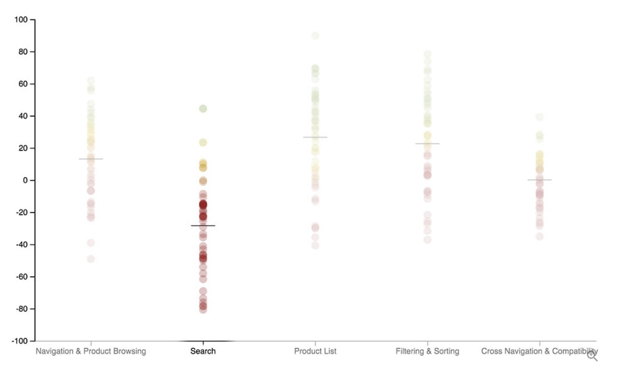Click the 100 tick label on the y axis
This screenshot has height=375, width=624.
(21, 20)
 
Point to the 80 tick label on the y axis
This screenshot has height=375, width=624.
(23, 52)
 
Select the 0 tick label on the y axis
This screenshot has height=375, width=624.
(25, 180)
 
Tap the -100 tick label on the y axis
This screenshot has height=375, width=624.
(19, 341)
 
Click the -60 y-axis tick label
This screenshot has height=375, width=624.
(21, 277)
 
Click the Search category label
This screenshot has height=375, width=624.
(203, 351)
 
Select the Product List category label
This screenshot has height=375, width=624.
(315, 351)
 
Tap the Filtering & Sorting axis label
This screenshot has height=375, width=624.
(427, 351)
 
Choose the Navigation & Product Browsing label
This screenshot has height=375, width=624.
(91, 351)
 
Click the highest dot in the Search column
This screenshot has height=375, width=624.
(203, 109)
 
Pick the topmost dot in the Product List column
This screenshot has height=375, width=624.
(315, 36)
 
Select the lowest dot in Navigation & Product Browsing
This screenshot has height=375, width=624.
(91, 259)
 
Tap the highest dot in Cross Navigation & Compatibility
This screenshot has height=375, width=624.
(539, 117)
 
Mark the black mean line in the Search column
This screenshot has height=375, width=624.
(203, 226)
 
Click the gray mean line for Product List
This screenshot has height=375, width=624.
(315, 137)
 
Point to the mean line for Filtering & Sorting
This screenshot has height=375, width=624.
(427, 144)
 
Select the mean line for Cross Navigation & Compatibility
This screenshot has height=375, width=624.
(539, 180)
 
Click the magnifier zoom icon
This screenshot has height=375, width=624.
(592, 355)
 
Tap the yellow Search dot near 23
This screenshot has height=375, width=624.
(203, 143)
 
